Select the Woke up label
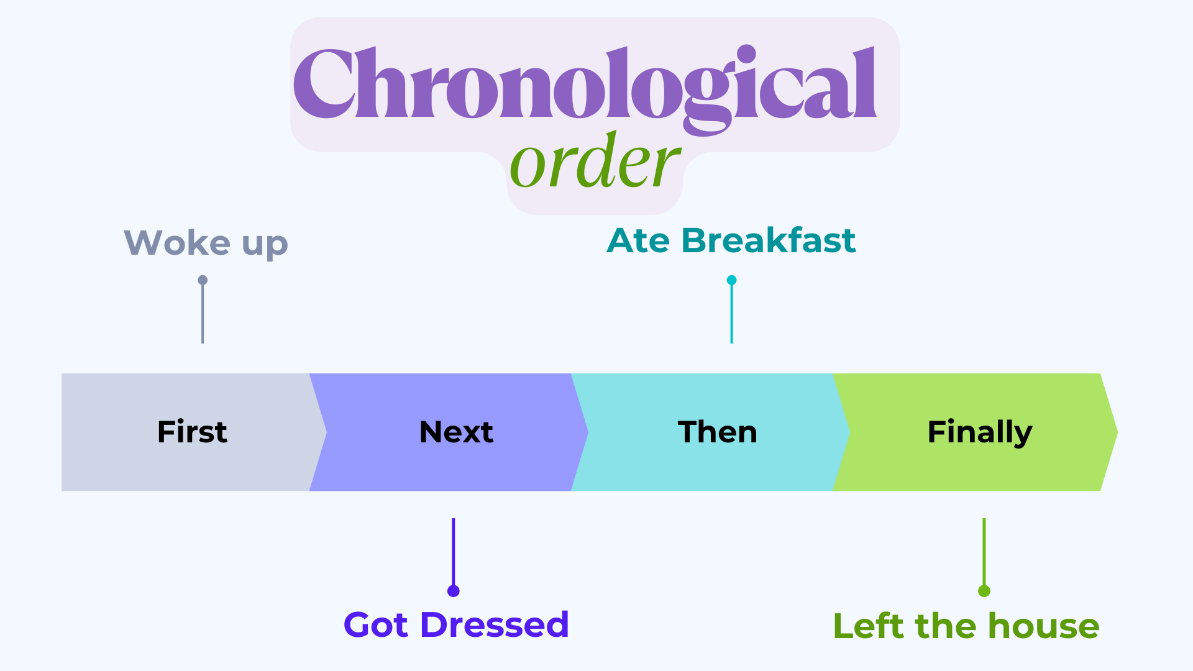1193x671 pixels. [206, 243]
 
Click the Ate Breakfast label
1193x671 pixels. [731, 240]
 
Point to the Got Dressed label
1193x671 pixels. [456, 624]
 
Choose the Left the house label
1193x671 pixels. [966, 626]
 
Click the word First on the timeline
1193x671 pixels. [192, 432]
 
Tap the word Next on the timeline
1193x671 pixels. [456, 432]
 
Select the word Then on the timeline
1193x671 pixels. [718, 432]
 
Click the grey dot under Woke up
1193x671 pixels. [203, 280]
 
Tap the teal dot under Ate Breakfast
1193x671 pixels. [732, 280]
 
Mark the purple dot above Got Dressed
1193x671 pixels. [454, 591]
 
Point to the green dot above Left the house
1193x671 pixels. [984, 591]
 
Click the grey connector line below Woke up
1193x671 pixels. [203, 314]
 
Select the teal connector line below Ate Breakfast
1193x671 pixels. [732, 314]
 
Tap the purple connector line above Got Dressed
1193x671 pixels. [454, 552]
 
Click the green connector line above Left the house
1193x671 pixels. [984, 552]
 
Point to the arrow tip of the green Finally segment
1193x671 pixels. [1117, 432]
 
